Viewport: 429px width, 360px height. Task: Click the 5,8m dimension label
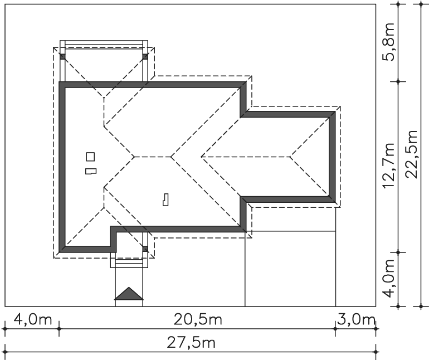pos(388,42)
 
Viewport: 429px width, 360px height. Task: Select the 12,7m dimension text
pos(388,166)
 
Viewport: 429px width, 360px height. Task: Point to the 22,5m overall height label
pos(411,154)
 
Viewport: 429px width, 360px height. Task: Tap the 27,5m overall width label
pos(191,343)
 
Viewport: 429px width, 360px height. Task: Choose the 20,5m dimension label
pos(198,319)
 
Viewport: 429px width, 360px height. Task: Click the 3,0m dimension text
pos(356,319)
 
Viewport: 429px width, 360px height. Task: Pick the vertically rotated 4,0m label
pos(388,279)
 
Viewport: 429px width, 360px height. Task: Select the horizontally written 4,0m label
pos(32,319)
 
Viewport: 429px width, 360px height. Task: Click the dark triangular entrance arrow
pos(129,294)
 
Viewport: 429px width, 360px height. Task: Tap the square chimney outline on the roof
pos(90,157)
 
